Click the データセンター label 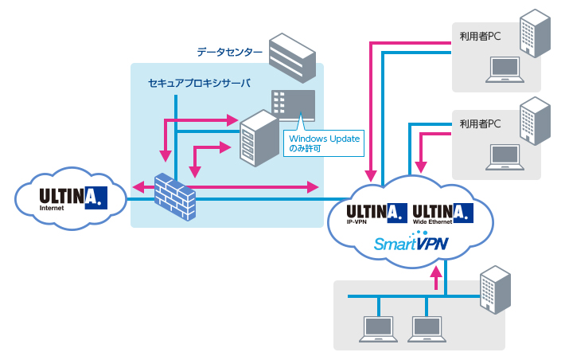click(x=229, y=53)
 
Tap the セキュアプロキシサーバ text click(x=199, y=83)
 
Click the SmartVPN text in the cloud click(x=412, y=243)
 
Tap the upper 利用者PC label click(x=480, y=37)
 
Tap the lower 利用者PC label click(x=480, y=124)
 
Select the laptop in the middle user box click(x=505, y=158)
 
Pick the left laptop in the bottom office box click(x=379, y=327)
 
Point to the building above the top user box click(x=534, y=33)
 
